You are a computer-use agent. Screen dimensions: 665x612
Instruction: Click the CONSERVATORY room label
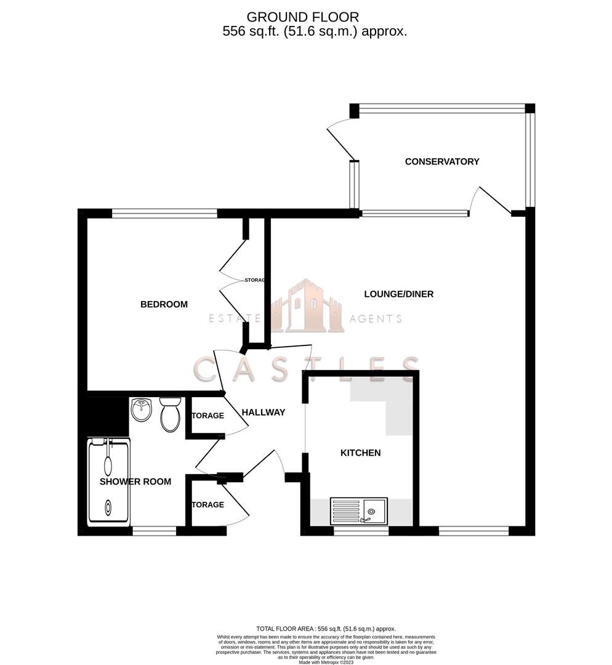(441, 161)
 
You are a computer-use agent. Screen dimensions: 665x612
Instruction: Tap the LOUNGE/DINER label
(398, 294)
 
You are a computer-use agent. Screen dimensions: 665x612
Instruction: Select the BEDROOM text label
(164, 304)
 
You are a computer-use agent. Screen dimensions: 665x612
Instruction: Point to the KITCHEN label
(361, 453)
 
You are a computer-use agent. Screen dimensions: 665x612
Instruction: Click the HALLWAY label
(263, 412)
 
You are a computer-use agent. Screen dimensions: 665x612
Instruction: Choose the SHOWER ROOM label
(135, 481)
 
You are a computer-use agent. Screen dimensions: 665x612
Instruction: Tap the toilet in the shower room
(170, 415)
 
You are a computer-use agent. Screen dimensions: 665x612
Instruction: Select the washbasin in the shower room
(142, 409)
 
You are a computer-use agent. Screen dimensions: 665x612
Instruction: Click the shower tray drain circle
(108, 509)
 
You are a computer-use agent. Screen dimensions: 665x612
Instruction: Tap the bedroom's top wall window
(164, 214)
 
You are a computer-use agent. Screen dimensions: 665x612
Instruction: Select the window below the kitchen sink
(361, 530)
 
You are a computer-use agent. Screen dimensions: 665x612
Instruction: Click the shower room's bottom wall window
(154, 530)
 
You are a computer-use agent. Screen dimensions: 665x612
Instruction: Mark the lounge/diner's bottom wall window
(473, 530)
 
